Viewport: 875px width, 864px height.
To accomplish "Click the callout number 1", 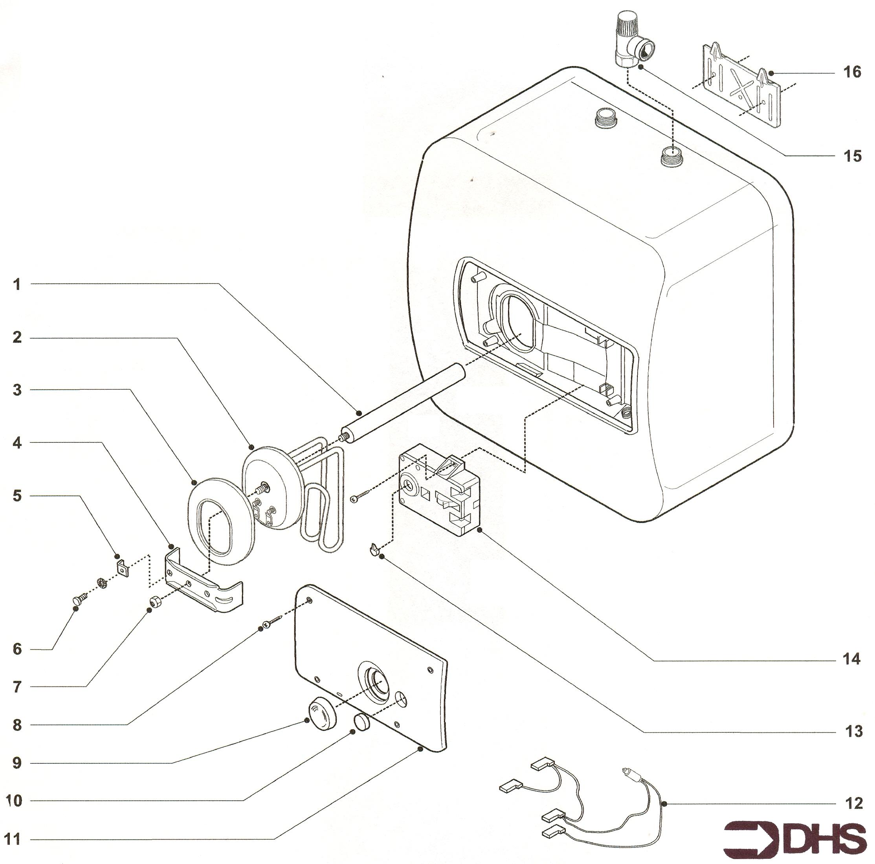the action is (x=17, y=285).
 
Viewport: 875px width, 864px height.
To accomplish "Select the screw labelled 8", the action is (x=273, y=621).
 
